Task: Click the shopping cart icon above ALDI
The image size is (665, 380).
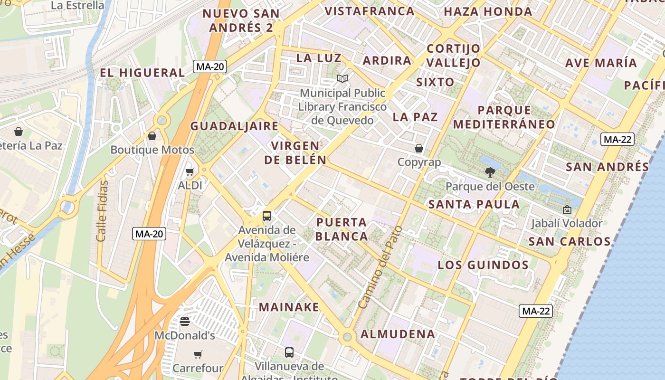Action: pos(190,171)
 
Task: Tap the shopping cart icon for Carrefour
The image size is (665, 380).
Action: pos(198,354)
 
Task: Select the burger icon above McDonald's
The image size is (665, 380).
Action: pos(185,322)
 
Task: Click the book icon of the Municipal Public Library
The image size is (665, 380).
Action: pos(342,78)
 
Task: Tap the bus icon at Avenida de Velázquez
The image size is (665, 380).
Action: pos(267,216)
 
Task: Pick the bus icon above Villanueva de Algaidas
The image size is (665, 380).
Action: pos(289,352)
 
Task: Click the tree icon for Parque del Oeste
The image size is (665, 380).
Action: pos(490,172)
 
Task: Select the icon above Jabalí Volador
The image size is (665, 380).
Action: pos(567,209)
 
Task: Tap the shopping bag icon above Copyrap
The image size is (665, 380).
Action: pos(419,148)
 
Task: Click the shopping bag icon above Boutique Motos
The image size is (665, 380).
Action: pos(152,136)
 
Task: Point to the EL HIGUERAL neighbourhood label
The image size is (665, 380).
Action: pos(142,73)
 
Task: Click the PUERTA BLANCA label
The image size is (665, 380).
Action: pos(342,229)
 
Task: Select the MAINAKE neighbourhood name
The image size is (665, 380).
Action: pos(289,307)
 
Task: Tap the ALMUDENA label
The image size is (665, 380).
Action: pos(398,334)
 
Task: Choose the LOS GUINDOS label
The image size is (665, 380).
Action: pos(483,265)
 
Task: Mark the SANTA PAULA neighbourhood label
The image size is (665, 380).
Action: pos(474,204)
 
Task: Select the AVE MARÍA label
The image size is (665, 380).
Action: pos(601,63)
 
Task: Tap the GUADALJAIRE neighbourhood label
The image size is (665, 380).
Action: pos(234,126)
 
